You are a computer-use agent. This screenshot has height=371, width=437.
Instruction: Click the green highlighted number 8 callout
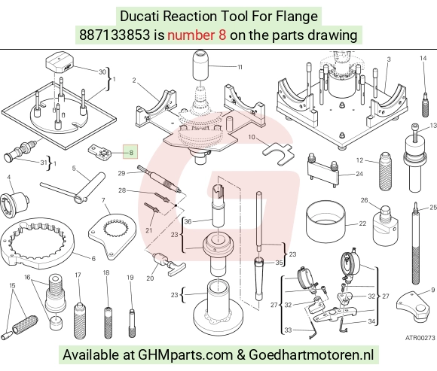click(x=130, y=152)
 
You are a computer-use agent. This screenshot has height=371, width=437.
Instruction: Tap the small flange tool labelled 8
click(x=99, y=153)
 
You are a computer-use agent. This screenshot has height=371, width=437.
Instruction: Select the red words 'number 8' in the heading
click(x=197, y=35)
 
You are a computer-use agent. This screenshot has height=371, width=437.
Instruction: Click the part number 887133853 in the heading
click(x=115, y=35)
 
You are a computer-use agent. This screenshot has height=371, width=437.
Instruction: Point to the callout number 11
click(x=240, y=67)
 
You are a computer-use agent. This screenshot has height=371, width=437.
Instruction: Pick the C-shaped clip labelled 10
click(x=278, y=154)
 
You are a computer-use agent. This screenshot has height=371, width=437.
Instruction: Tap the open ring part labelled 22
click(x=325, y=224)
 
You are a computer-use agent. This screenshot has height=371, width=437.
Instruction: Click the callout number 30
click(x=102, y=71)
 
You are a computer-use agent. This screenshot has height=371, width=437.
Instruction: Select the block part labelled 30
click(x=60, y=63)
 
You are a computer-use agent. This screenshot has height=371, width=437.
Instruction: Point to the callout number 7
click(x=103, y=200)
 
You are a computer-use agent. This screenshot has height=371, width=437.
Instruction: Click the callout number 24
click(x=359, y=174)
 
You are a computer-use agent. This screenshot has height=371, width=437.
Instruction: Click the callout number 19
click(x=130, y=277)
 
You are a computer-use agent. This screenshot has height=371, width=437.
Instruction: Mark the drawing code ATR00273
click(x=420, y=338)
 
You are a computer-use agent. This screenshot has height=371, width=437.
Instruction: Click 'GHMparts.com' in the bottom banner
click(x=185, y=355)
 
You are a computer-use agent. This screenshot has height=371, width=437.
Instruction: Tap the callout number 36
click(x=188, y=221)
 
